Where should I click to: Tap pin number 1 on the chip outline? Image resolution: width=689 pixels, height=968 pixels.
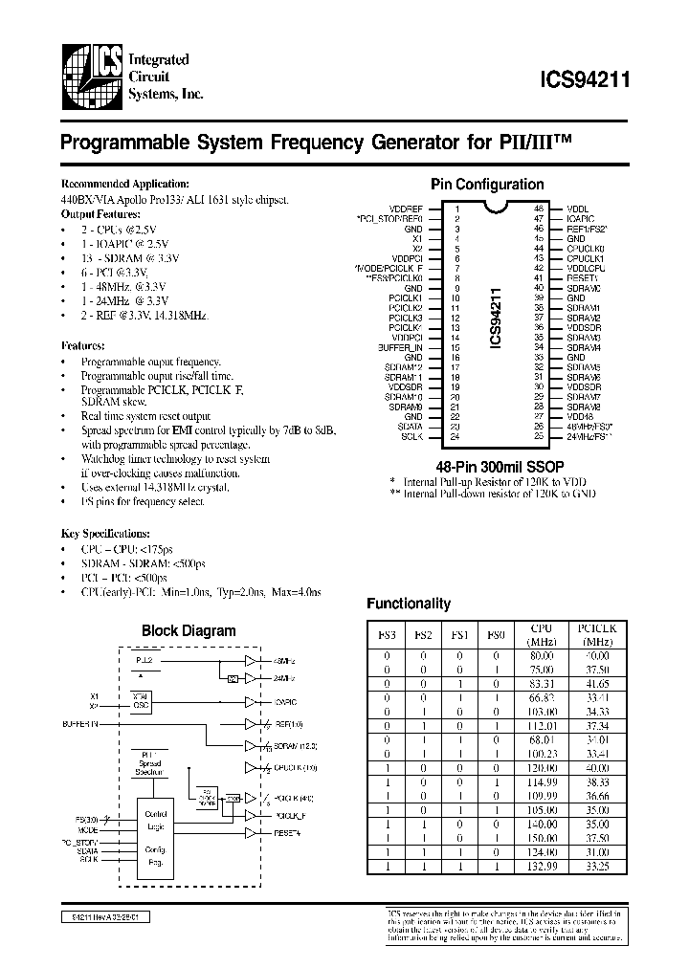click(457, 209)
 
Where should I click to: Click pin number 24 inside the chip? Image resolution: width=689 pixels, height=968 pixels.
click(457, 437)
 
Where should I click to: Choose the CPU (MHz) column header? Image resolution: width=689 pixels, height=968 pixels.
click(542, 634)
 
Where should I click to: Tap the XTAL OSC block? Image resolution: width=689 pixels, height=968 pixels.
click(140, 700)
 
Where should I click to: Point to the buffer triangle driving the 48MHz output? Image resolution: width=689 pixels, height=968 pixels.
click(252, 661)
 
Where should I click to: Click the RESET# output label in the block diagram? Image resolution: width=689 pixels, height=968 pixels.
click(286, 833)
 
